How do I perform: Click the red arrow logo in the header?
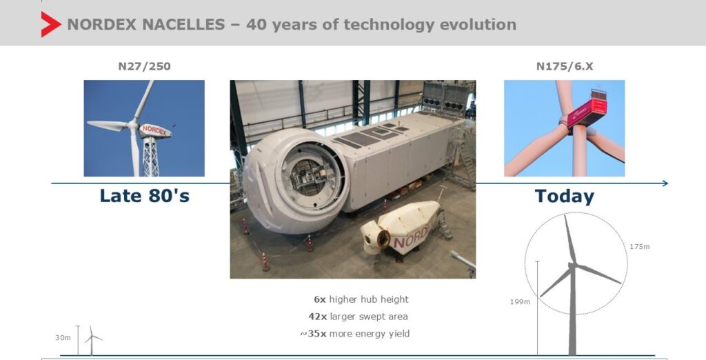pyautogui.click(x=50, y=24)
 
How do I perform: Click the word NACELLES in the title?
pyautogui.click(x=183, y=24)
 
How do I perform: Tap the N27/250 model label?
pyautogui.click(x=145, y=66)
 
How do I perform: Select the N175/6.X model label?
pyautogui.click(x=565, y=66)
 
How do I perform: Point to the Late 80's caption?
pyautogui.click(x=145, y=196)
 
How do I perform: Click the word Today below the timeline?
pyautogui.click(x=565, y=197)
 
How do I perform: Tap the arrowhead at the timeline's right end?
pyautogui.click(x=665, y=183)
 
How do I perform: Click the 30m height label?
pyautogui.click(x=63, y=337)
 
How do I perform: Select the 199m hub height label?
pyautogui.click(x=520, y=302)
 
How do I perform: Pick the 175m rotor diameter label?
pyautogui.click(x=640, y=246)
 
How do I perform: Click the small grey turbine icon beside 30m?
pyautogui.click(x=92, y=340)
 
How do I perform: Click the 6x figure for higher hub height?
pyautogui.click(x=320, y=299)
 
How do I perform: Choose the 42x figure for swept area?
pyautogui.click(x=317, y=317)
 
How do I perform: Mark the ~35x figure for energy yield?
pyautogui.click(x=314, y=333)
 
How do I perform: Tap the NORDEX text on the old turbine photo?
pyautogui.click(x=154, y=130)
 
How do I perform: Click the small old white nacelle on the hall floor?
pyautogui.click(x=401, y=228)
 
